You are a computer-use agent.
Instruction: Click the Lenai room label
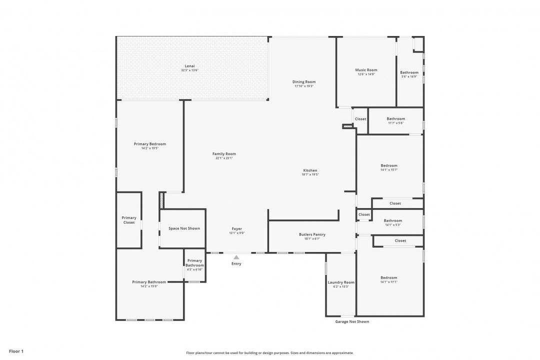[189, 66]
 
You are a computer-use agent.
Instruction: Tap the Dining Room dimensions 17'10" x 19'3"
[304, 86]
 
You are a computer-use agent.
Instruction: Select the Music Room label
[366, 70]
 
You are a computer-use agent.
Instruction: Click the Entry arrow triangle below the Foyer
[236, 257]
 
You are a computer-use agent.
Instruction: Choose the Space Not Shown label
[184, 228]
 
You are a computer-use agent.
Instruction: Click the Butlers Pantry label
[312, 234]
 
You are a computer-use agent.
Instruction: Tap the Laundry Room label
[341, 282]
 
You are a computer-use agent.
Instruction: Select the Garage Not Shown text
[352, 321]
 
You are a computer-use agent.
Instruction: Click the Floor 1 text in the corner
[16, 351]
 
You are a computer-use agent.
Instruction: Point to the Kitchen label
[310, 170]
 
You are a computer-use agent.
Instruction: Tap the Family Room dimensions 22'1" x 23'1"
[224, 158]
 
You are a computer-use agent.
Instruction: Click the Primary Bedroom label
[149, 144]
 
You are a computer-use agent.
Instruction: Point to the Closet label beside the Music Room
[360, 119]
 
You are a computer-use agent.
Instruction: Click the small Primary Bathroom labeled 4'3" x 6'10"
[194, 262]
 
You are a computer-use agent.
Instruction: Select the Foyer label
[236, 228]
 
